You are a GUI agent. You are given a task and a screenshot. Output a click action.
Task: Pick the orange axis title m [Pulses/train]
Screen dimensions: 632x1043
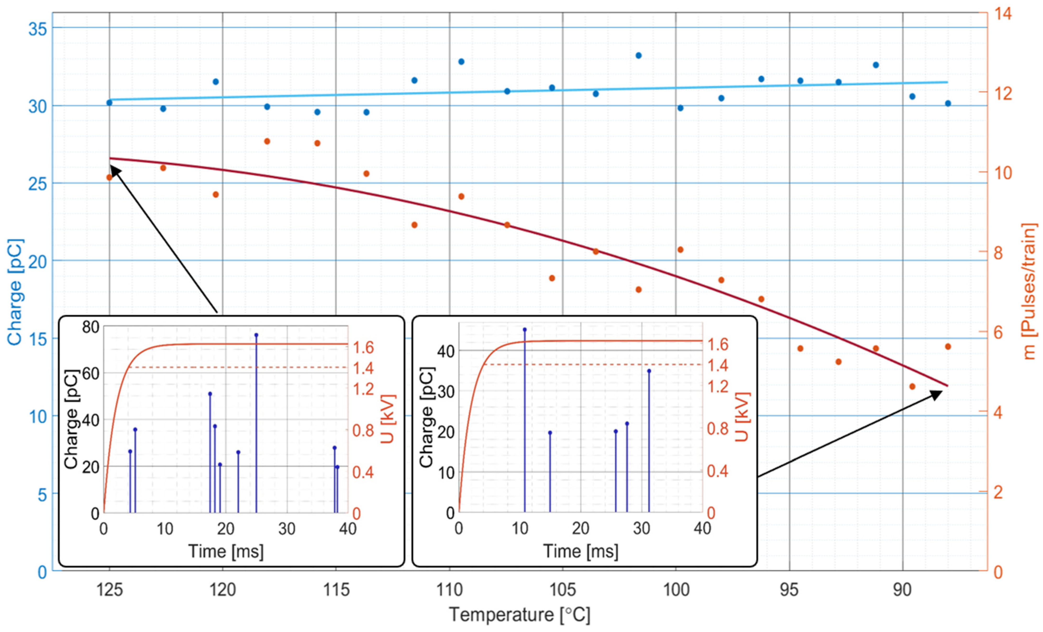tap(1029, 292)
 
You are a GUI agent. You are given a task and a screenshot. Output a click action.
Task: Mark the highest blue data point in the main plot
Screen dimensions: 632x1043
tap(638, 55)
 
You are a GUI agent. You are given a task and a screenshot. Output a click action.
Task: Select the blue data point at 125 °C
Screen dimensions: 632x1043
tap(109, 102)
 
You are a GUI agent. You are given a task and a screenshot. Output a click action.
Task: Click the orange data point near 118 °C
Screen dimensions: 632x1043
tap(267, 141)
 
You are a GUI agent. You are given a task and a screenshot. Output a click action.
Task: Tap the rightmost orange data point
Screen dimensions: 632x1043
tap(948, 346)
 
